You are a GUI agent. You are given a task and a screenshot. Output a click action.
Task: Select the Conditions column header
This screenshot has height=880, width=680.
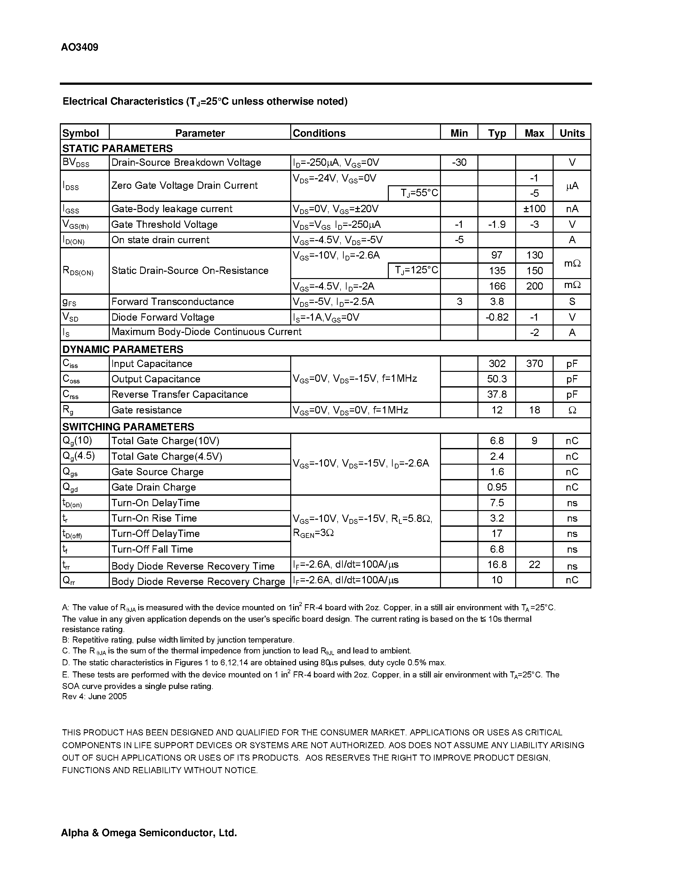(319, 133)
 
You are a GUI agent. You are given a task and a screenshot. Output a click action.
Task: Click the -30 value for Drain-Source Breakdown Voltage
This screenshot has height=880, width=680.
(459, 162)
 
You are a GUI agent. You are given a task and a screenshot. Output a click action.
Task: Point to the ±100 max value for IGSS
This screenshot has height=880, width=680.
(534, 209)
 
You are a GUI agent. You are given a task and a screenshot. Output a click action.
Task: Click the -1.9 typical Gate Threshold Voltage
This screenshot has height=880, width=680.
(496, 224)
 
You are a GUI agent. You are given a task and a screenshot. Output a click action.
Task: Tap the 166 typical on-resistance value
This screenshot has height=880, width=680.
(497, 286)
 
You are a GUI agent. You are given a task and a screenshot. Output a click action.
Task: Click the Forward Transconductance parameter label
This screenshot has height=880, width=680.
(172, 301)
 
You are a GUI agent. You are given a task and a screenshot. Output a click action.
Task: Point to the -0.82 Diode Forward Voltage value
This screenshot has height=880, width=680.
(497, 317)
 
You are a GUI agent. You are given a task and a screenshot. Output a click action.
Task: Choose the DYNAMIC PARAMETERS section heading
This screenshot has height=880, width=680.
(123, 349)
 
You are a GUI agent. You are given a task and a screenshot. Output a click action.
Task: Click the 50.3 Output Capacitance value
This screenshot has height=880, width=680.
(497, 379)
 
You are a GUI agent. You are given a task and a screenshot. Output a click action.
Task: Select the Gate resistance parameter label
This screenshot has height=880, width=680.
(146, 410)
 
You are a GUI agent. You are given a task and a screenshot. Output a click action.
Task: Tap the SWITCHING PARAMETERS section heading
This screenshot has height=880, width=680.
(128, 426)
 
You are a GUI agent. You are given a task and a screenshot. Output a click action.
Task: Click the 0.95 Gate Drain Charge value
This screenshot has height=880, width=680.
(497, 487)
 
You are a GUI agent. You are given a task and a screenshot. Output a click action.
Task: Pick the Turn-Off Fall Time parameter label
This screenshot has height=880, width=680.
(152, 549)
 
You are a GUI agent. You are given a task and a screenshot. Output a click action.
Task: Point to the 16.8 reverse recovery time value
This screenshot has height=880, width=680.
(497, 564)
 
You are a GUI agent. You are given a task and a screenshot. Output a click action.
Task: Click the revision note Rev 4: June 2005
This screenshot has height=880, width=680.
(94, 696)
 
